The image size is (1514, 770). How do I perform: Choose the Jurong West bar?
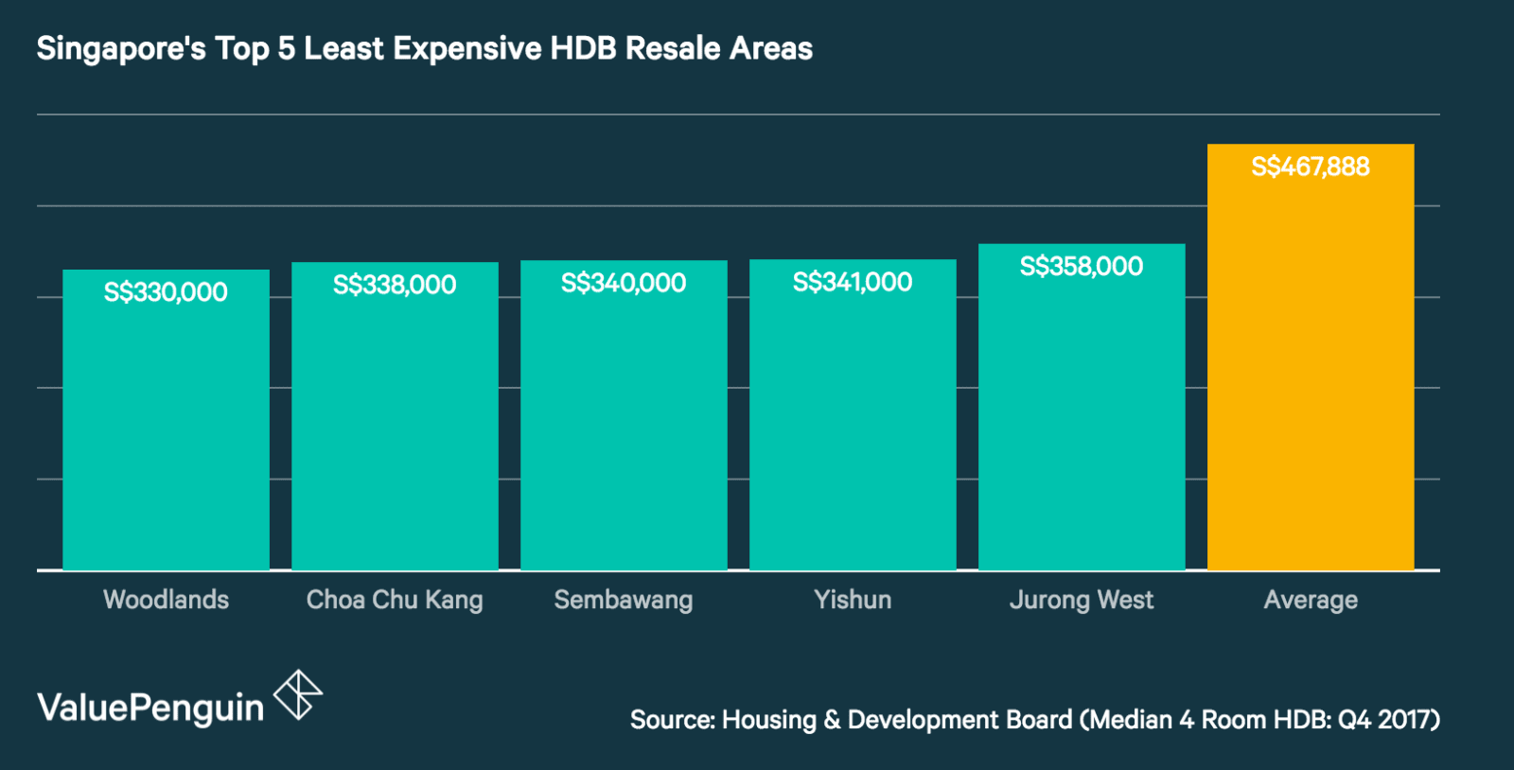pyautogui.click(x=1082, y=426)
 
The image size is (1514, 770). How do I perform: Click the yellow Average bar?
pyautogui.click(x=1311, y=378)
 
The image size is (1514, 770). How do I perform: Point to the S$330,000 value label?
pyautogui.click(x=166, y=292)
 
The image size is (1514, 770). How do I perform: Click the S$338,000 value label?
pyautogui.click(x=395, y=285)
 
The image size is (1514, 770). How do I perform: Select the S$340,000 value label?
pyautogui.click(x=624, y=283)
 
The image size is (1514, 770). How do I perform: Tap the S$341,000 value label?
pyautogui.click(x=853, y=282)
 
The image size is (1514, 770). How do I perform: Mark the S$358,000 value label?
pyautogui.click(x=1082, y=267)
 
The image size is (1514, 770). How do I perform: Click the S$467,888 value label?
pyautogui.click(x=1311, y=167)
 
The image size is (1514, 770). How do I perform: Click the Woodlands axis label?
pyautogui.click(x=166, y=600)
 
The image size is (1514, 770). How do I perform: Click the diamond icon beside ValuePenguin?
pyautogui.click(x=298, y=695)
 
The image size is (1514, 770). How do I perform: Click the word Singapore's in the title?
pyautogui.click(x=121, y=49)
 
